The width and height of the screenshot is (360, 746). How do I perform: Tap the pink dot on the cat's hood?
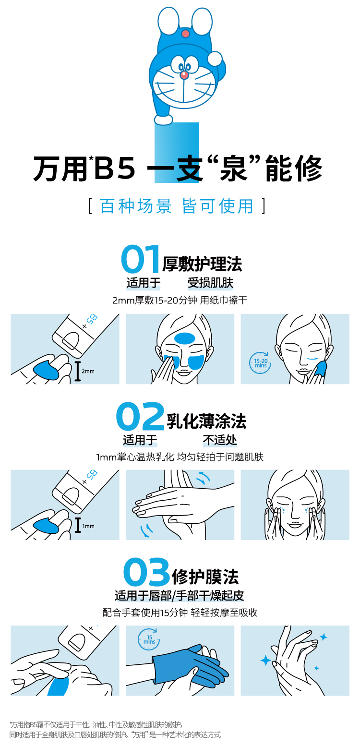(x=186, y=33)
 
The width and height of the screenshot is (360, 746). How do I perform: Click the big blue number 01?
(x=141, y=259)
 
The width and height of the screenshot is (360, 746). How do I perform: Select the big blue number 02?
(x=140, y=416)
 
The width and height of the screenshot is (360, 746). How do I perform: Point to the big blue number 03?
(x=147, y=572)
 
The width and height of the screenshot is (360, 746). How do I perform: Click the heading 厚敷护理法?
(x=202, y=264)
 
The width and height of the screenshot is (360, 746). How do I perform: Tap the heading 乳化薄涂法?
(x=206, y=421)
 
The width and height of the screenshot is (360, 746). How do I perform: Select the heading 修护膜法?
(x=205, y=577)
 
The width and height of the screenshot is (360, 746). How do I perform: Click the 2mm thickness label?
(x=88, y=372)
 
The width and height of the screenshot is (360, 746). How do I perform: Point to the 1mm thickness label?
(x=88, y=526)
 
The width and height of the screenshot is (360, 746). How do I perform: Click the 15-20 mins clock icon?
(x=261, y=362)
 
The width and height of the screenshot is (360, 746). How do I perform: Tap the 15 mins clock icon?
(x=149, y=639)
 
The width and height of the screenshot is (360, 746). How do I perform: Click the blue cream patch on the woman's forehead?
(x=185, y=338)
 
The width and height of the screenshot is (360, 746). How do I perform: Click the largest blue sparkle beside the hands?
(x=265, y=660)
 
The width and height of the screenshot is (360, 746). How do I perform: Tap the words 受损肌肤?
(x=210, y=283)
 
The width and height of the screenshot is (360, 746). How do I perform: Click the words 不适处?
(x=220, y=440)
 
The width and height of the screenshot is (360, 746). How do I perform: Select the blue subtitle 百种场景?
(x=136, y=206)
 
